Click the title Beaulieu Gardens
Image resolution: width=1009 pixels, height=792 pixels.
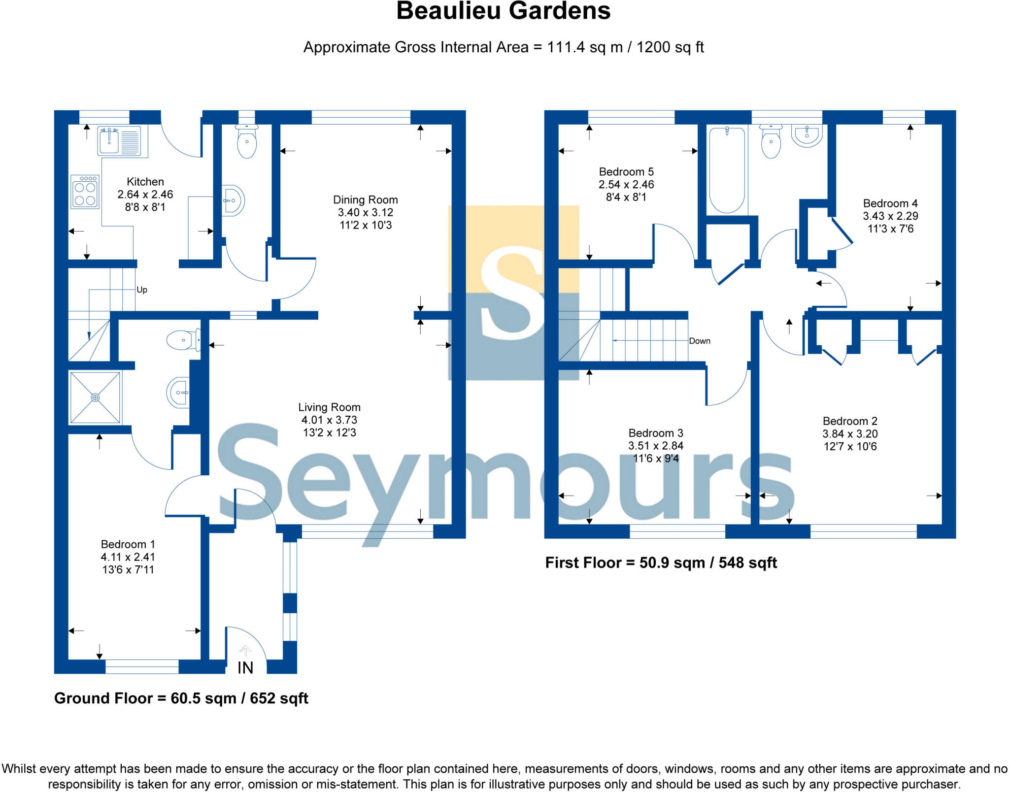click(503, 11)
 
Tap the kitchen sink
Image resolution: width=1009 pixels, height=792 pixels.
click(109, 141)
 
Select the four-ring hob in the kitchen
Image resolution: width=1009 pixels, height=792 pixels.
click(85, 192)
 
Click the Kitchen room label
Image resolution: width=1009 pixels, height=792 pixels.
click(145, 182)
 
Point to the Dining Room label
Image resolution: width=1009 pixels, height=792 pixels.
click(365, 200)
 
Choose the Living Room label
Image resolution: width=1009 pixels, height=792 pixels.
click(329, 407)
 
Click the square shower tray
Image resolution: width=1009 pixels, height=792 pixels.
click(95, 397)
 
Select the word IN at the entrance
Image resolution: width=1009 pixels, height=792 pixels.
click(245, 668)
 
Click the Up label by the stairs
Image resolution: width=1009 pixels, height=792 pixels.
click(142, 290)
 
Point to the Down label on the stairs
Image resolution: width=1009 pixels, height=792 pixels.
click(699, 341)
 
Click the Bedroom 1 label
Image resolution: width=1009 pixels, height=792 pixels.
click(128, 544)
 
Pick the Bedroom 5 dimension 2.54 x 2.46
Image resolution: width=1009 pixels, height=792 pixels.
click(626, 185)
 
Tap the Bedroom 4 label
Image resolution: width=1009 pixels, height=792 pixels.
click(890, 203)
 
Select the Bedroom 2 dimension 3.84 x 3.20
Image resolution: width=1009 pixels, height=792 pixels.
click(850, 434)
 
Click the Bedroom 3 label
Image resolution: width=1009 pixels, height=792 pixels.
click(655, 433)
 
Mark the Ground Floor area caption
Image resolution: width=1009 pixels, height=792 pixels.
click(181, 698)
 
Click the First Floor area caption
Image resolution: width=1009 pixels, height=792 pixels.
click(661, 563)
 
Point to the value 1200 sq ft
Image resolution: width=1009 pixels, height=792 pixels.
click(670, 47)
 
